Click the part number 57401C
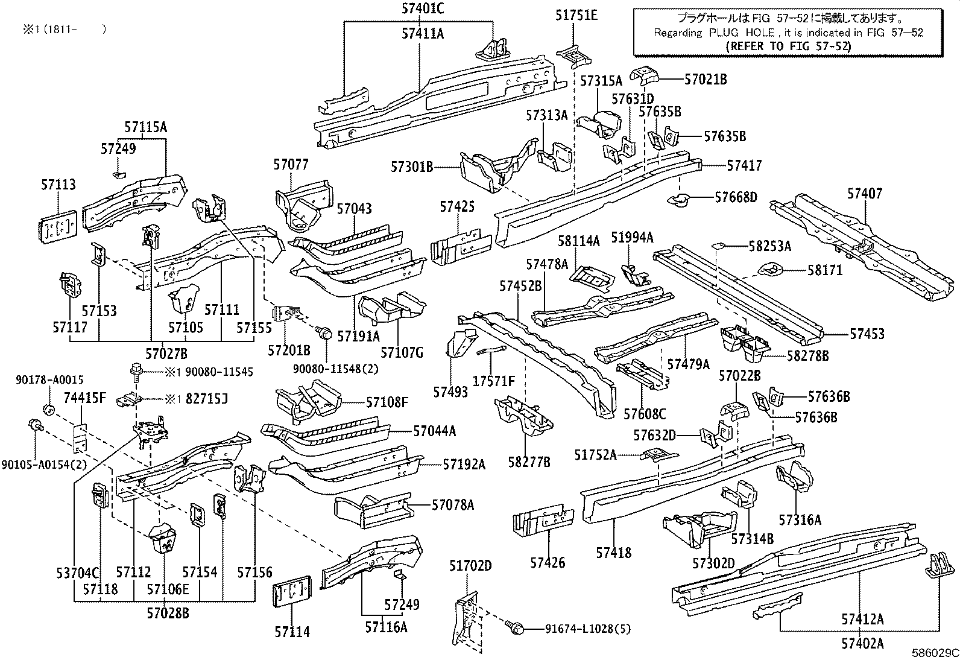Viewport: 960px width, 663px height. (422, 8)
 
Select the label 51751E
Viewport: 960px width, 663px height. (576, 16)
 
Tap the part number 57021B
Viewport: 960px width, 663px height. (706, 78)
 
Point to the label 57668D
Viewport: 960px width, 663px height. (736, 197)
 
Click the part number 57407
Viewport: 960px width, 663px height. (864, 194)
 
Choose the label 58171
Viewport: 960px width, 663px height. (825, 270)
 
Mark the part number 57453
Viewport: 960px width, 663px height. (867, 334)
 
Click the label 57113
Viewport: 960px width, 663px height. (58, 185)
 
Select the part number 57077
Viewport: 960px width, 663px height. (291, 163)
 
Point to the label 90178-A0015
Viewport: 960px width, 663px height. (49, 379)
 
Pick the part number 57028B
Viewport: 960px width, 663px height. (168, 614)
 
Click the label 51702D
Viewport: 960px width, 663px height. (470, 565)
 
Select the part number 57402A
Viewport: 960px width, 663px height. (862, 644)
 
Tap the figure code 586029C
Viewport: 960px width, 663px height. (935, 653)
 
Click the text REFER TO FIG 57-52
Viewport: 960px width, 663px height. (788, 45)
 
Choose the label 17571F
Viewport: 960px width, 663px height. (493, 381)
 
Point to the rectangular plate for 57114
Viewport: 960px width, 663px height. (292, 594)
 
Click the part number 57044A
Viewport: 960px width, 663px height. (434, 431)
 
